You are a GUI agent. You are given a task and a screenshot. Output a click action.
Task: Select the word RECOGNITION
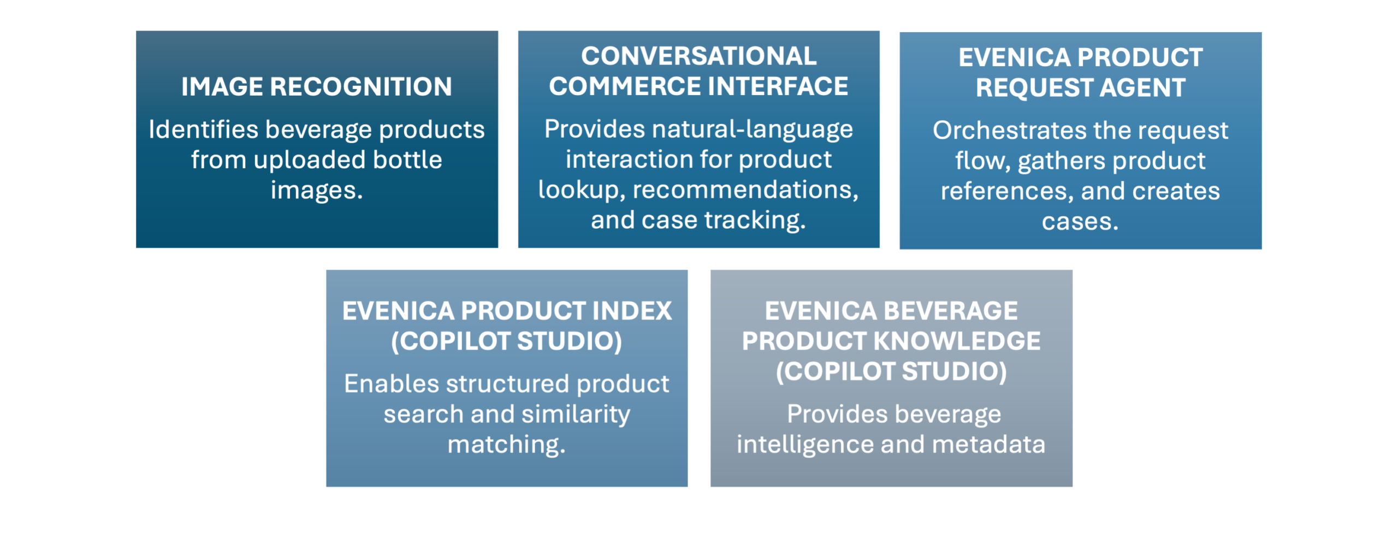coord(361,87)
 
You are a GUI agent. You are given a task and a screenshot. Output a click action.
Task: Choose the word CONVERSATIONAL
coord(698,56)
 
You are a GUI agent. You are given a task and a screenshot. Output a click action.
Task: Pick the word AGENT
coord(1142,88)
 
